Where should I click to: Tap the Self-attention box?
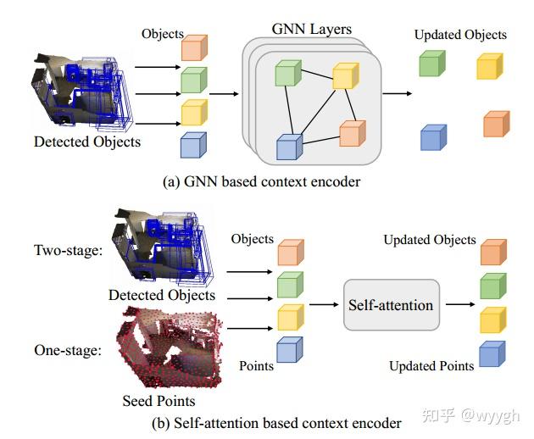390,305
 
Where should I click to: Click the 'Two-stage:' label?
67,251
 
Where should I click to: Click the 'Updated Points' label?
431,366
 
